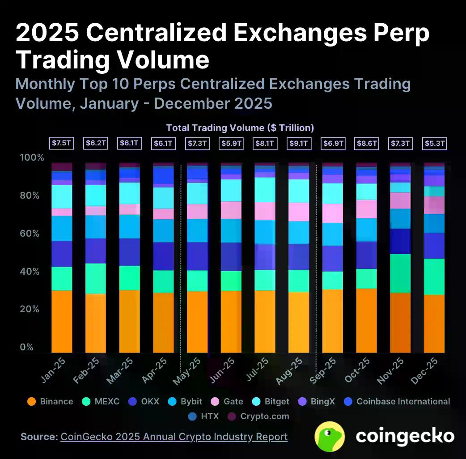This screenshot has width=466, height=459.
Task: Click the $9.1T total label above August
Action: coord(299,144)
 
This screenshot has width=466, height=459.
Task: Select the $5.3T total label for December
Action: coord(434,144)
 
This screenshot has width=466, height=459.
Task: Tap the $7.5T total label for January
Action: coord(62,144)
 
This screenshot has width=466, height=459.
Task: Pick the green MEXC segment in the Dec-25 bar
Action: coord(434,276)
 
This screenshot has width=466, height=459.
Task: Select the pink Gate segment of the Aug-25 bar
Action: coord(299,212)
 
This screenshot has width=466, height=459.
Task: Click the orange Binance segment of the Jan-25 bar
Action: coord(62,321)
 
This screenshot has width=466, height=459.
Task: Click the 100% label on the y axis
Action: coord(32,157)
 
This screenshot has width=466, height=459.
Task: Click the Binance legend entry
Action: coord(50,401)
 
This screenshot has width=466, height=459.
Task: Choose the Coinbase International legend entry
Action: coord(398,401)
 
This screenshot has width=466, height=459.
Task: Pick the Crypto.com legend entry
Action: coord(259,416)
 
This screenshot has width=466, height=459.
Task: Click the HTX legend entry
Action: coord(204,416)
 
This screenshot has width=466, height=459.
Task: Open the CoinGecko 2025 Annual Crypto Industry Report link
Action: coord(174,437)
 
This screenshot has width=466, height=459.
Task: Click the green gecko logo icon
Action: coord(330,436)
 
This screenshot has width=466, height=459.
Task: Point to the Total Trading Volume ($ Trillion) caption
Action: coord(240,128)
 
